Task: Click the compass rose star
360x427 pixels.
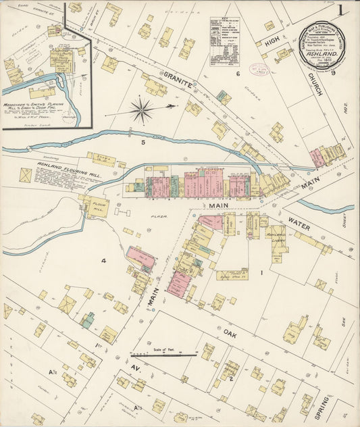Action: (141, 110)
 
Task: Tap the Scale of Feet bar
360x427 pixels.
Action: (164, 353)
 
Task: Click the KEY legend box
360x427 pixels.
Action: (225, 41)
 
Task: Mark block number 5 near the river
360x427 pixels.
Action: (143, 143)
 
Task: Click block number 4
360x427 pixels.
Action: (104, 261)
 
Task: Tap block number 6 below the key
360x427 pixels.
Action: (238, 73)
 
